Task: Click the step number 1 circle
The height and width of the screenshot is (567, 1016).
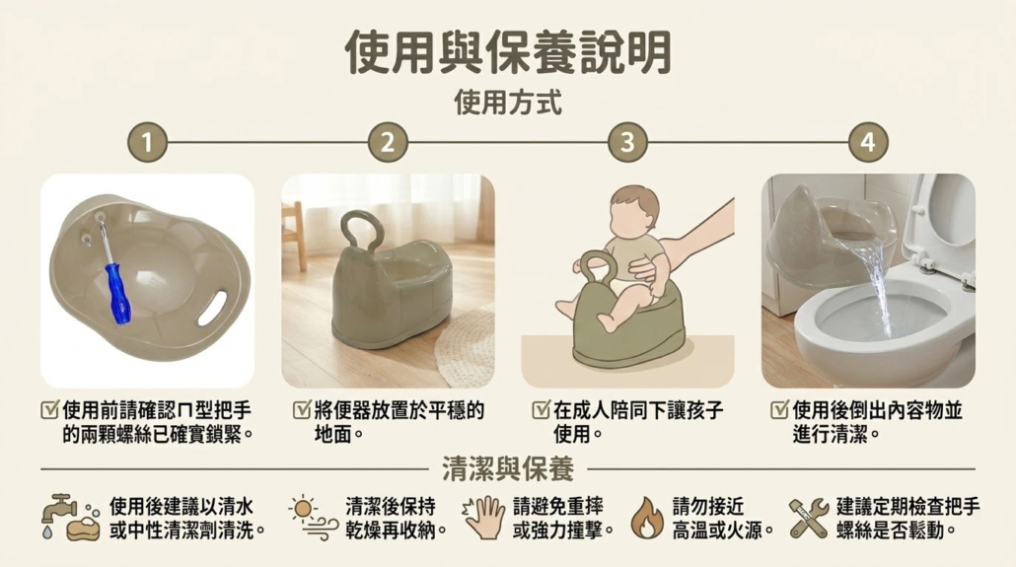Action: [x=147, y=142]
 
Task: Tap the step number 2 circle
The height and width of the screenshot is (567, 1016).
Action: [x=388, y=142]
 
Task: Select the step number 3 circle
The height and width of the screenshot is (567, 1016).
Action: [x=627, y=142]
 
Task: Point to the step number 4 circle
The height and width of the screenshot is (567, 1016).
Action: [x=868, y=142]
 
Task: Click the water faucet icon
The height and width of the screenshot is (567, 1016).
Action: [x=58, y=509]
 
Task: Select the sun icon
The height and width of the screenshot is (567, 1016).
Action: [x=303, y=509]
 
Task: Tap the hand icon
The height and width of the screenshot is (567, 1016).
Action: [x=484, y=517]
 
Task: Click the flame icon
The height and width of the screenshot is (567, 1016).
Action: [x=647, y=518]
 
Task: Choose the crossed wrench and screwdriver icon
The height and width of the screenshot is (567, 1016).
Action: [x=809, y=518]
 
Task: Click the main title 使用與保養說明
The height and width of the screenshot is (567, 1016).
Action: [x=508, y=52]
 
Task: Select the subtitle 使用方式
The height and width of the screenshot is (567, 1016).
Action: [x=508, y=103]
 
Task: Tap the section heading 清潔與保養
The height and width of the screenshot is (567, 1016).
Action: [x=508, y=468]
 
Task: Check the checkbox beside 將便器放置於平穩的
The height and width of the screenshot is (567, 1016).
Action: [x=302, y=409]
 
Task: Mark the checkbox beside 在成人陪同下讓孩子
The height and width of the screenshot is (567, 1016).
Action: [x=542, y=409]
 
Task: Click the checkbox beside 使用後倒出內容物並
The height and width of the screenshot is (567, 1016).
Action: [x=779, y=409]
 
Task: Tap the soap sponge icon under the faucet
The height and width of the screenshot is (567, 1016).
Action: [x=84, y=529]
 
